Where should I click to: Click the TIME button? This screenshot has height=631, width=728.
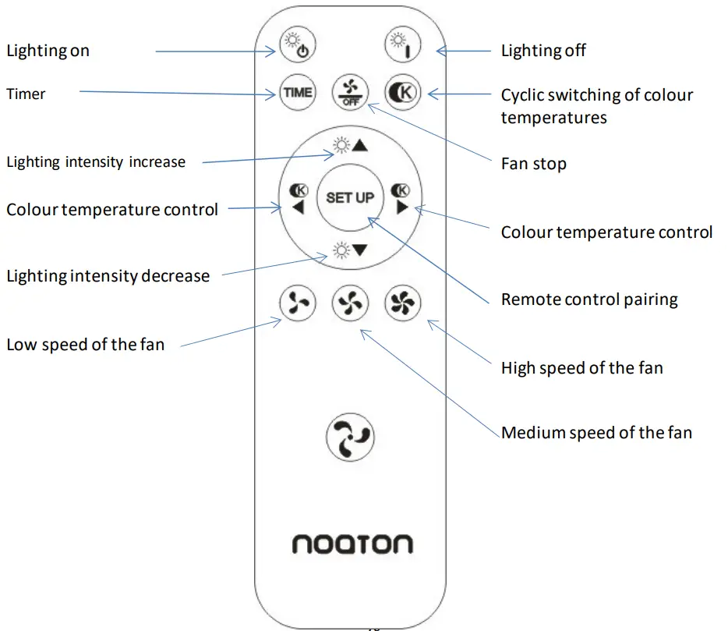pos(297,93)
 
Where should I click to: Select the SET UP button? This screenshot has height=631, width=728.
pos(350,197)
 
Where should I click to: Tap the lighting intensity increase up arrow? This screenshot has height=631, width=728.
pos(350,145)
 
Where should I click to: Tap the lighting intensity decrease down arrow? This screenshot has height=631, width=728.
pos(350,250)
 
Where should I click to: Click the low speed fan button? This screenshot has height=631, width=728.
pos(297,303)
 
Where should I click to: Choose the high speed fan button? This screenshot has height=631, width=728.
pos(403,303)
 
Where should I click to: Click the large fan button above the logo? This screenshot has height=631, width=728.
pos(350,436)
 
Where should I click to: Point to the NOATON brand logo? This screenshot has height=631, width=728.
pos(352,544)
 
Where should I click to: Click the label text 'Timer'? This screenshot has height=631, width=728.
pos(27,94)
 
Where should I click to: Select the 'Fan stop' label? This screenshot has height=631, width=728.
pos(533,165)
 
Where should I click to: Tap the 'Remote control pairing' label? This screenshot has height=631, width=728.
pos(588,300)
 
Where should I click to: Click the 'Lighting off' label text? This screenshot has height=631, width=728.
pos(543,51)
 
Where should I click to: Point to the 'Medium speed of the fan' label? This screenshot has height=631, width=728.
pos(596,433)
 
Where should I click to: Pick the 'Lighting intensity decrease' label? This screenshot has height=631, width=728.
pos(108,276)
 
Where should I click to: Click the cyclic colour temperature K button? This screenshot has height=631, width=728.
pos(403,93)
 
